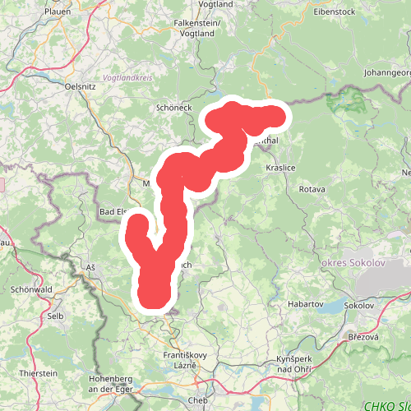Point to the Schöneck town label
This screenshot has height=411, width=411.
pyautogui.click(x=173, y=108)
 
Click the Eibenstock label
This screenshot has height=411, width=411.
pyautogui.click(x=335, y=12)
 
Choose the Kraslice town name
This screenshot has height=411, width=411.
pyautogui.click(x=280, y=167)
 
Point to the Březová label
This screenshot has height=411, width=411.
pyautogui.click(x=363, y=337)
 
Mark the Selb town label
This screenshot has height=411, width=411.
pyautogui.click(x=55, y=316)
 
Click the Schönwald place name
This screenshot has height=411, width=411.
pyautogui.click(x=32, y=290)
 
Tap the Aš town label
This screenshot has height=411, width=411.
pyautogui.click(x=90, y=268)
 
